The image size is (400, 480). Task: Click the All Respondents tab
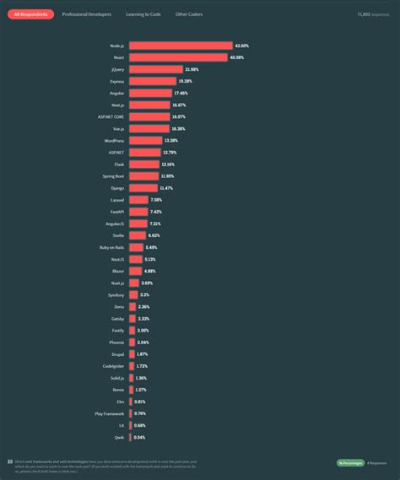tap(31, 14)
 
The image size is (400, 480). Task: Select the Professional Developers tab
tap(87, 14)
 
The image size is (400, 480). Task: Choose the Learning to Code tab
tap(144, 14)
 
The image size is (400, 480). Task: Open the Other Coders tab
tap(188, 14)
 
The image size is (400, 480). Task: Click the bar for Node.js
tap(181, 46)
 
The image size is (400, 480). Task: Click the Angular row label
tap(117, 93)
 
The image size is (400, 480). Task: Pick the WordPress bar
tap(145, 140)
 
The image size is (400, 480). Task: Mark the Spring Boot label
tap(114, 175)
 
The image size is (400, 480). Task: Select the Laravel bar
tap(138, 199)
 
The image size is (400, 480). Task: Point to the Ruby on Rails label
tap(111, 247)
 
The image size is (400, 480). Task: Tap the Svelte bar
tap(137, 235)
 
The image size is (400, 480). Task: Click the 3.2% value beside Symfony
tap(144, 294)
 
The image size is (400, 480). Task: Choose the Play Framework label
tap(110, 413)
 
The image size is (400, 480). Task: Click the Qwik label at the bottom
tap(119, 437)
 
